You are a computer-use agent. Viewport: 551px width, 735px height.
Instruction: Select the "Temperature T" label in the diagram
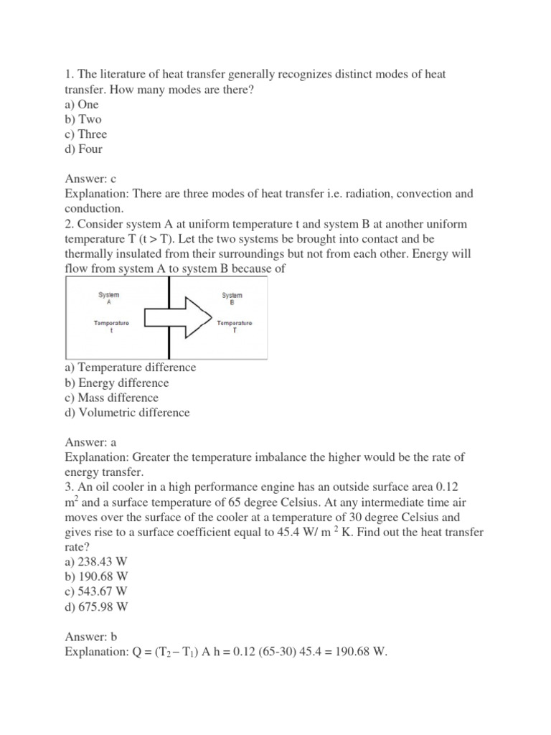234,328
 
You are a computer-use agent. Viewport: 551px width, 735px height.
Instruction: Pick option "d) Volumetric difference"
128,413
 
